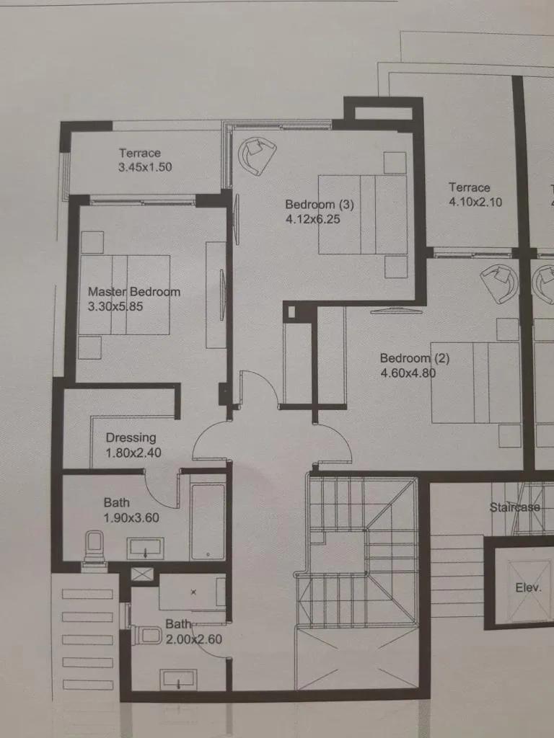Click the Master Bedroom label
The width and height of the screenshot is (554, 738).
pyautogui.click(x=134, y=292)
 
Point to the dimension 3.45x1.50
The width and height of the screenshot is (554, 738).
pyautogui.click(x=145, y=167)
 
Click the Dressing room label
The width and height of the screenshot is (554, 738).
pyautogui.click(x=131, y=437)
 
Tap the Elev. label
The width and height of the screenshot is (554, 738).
pyautogui.click(x=528, y=587)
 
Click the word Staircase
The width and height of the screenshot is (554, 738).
pyautogui.click(x=514, y=507)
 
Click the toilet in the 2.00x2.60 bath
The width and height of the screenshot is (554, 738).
pyautogui.click(x=148, y=635)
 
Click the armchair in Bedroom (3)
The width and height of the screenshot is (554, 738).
pyautogui.click(x=257, y=154)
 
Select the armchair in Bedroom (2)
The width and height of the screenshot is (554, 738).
pyautogui.click(x=499, y=283)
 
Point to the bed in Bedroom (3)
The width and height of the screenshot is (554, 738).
pyautogui.click(x=363, y=214)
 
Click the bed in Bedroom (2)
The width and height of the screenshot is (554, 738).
pyautogui.click(x=475, y=382)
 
